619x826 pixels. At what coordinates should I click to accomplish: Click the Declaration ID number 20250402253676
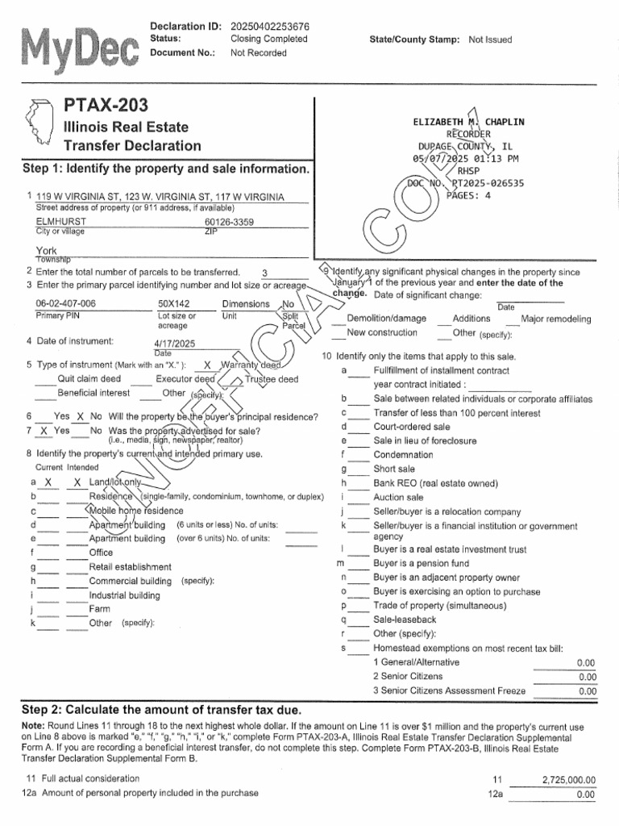(269, 26)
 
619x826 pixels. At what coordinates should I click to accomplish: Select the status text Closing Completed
(268, 39)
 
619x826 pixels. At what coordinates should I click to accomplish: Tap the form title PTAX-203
(106, 106)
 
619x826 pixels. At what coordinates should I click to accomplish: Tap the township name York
(47, 251)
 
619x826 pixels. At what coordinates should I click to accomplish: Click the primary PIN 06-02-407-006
(66, 303)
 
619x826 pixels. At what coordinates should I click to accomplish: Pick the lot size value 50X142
(174, 303)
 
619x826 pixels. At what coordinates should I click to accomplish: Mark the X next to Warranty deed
(207, 365)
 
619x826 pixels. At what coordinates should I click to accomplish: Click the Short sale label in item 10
(394, 469)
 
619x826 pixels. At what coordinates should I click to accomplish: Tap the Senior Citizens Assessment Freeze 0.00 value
(587, 691)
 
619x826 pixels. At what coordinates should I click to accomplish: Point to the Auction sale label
(398, 498)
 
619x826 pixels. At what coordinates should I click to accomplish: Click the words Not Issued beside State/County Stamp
(490, 40)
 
